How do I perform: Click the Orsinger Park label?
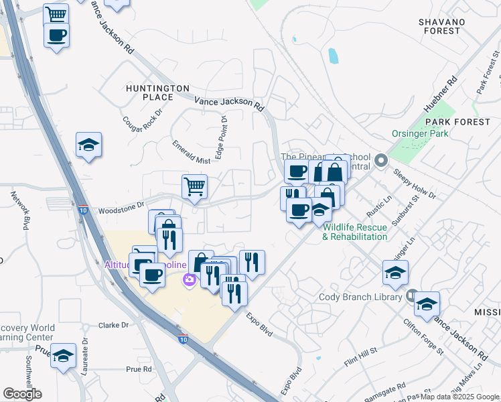pyautogui.click(x=421, y=133)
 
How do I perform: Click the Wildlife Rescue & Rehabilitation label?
pyautogui.click(x=355, y=232)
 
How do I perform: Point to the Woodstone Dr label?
pyautogui.click(x=121, y=208)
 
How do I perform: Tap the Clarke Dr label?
pyautogui.click(x=113, y=325)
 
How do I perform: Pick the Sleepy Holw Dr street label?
pyautogui.click(x=415, y=184)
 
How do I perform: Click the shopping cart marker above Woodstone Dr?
pyautogui.click(x=194, y=187)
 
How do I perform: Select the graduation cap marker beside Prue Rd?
pyautogui.click(x=63, y=356)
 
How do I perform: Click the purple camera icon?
pyautogui.click(x=190, y=279)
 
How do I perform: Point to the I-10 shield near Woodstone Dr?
pyautogui.click(x=82, y=209)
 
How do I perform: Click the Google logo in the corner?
pyautogui.click(x=22, y=394)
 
